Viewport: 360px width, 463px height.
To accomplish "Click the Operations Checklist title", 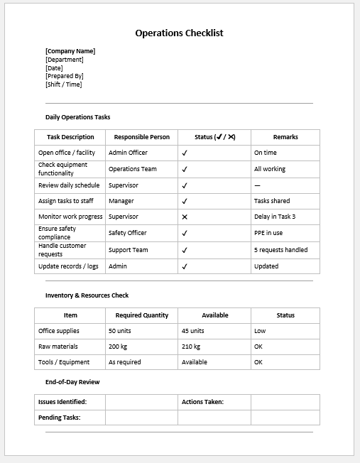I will (179, 33).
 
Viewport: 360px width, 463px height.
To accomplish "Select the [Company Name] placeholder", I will (70, 51).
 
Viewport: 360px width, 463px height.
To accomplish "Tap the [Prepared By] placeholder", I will (65, 76).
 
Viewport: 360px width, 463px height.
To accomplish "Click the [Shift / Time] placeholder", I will (64, 85).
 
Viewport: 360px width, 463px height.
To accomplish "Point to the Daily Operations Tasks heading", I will (78, 117).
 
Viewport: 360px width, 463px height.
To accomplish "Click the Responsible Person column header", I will (142, 137).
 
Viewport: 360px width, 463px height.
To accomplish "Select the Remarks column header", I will (285, 137).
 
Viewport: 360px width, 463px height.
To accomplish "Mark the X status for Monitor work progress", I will (185, 217).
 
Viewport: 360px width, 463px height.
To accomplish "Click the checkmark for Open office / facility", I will (185, 153).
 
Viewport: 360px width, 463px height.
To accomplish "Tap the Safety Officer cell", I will (128, 233).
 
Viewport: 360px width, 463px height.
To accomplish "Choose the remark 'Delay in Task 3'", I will (275, 217).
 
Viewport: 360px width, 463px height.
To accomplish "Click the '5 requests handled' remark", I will (280, 250).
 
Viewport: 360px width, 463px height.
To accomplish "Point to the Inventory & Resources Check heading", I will (87, 295).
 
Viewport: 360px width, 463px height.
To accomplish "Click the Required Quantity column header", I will (142, 315).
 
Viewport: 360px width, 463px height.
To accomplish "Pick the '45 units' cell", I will (193, 331).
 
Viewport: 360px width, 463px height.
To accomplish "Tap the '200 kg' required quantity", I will (119, 347).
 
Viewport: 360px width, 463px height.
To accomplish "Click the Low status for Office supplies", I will (260, 331).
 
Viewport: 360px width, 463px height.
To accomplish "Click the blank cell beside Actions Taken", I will (284, 402).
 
